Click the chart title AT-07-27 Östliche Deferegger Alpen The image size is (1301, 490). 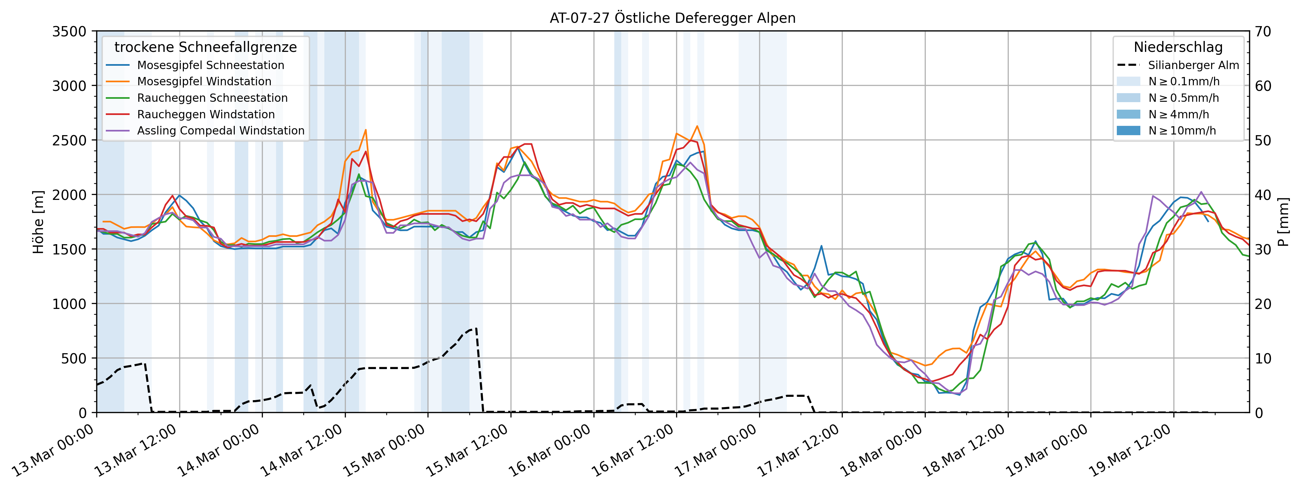tap(672, 18)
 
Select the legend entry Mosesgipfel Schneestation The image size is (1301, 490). tap(210, 65)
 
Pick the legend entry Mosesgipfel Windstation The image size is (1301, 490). tap(204, 81)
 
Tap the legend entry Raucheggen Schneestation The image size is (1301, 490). tap(212, 98)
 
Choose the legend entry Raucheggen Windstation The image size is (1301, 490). tap(206, 115)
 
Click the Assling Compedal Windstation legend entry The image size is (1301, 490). tap(221, 131)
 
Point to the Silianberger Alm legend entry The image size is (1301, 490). tap(1193, 65)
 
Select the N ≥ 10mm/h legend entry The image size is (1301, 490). tap(1182, 131)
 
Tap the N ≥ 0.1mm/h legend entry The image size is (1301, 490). tap(1183, 81)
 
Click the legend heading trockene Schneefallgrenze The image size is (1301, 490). tap(206, 47)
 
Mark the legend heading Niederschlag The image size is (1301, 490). tap(1178, 47)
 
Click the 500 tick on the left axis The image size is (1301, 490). tap(75, 358)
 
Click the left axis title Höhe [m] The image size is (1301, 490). tap(38, 222)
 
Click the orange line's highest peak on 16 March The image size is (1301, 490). tap(697, 126)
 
